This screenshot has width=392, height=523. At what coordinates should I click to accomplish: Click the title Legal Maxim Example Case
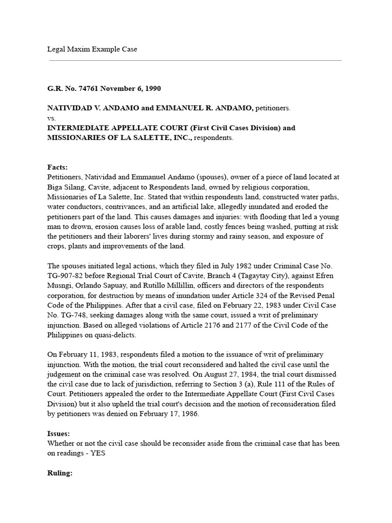click(92, 49)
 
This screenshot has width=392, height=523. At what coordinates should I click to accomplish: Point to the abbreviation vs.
click(52, 118)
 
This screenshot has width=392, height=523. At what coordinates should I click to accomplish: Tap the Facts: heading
click(58, 167)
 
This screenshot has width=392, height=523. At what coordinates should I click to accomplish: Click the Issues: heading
click(59, 434)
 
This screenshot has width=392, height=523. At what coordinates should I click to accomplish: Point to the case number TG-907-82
click(66, 275)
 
